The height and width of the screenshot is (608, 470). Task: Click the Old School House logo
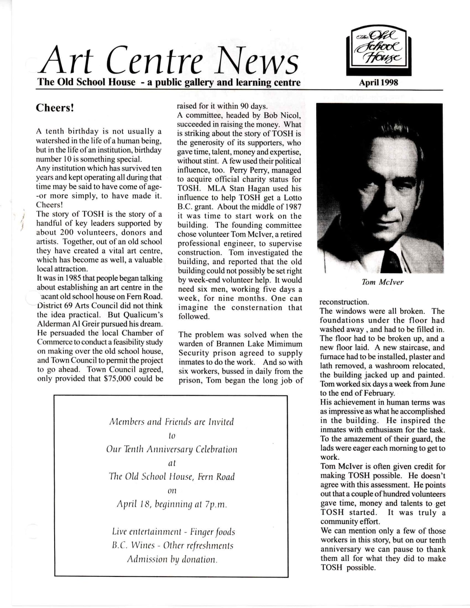[x=379, y=51]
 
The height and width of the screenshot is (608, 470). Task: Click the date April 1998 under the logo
[x=379, y=82]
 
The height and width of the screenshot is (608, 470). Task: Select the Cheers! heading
[x=55, y=108]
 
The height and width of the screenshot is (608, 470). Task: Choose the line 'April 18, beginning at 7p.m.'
[x=172, y=504]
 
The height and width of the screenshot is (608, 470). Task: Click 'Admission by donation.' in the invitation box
[x=172, y=559]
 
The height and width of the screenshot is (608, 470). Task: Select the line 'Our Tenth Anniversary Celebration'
[x=172, y=450]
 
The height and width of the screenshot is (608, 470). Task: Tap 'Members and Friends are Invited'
[x=172, y=422]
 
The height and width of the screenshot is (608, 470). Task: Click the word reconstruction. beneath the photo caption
[x=344, y=302]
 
